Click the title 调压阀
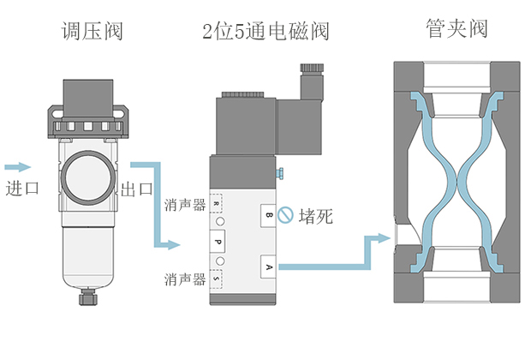click(92, 32)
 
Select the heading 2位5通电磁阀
click(265, 32)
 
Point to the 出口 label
click(138, 189)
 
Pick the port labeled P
click(218, 243)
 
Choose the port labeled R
click(217, 205)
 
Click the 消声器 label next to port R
click(184, 205)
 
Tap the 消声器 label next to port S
click(184, 279)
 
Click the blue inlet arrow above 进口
click(18, 166)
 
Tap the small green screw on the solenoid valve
click(280, 175)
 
